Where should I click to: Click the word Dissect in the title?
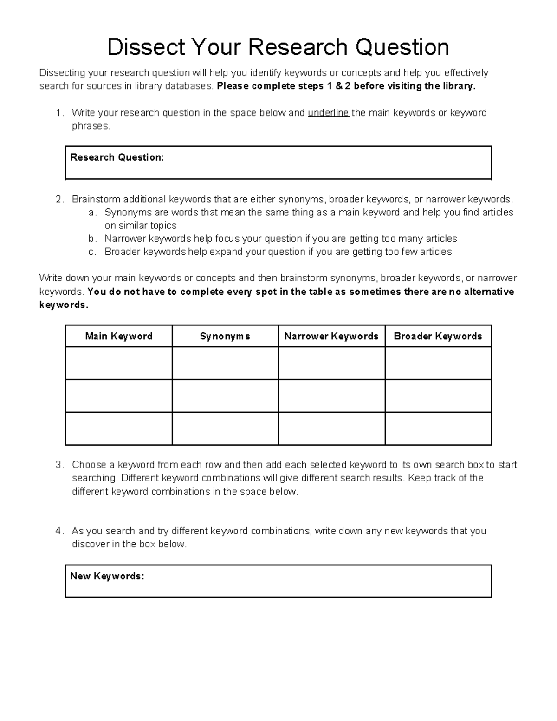coord(146,47)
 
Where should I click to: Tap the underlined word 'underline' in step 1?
coord(328,113)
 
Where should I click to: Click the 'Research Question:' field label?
coord(117,157)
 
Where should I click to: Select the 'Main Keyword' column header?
coord(119,336)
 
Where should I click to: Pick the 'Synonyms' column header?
coord(225,336)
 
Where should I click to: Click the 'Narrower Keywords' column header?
coord(331,336)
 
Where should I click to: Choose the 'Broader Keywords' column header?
coord(438,336)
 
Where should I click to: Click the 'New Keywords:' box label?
coord(107,576)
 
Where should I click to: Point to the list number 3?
coord(59,465)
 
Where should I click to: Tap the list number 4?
coord(59,531)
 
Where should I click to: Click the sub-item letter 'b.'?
coord(92,239)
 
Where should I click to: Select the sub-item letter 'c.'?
coord(92,252)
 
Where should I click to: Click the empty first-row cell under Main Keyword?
coord(119,363)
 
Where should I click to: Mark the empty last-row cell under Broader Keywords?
coord(438,429)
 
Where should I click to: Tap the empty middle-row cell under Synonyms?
coord(225,396)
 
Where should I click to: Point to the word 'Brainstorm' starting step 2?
coord(96,200)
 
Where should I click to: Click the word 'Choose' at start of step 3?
coord(89,465)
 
